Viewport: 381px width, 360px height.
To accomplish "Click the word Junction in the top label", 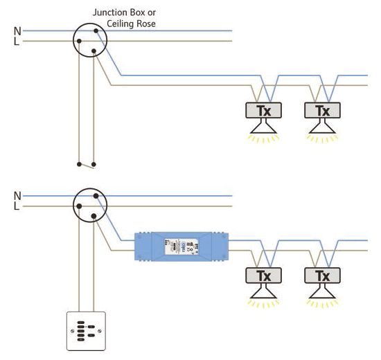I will (110, 13).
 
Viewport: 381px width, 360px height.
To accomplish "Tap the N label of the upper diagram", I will (17, 30).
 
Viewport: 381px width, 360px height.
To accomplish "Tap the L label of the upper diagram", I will (17, 42).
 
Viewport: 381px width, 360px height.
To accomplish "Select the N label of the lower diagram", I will (17, 195).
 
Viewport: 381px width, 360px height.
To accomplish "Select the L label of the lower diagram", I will (17, 206).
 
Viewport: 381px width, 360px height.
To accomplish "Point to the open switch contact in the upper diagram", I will (87, 165).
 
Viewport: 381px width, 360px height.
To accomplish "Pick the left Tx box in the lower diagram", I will (265, 275).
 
